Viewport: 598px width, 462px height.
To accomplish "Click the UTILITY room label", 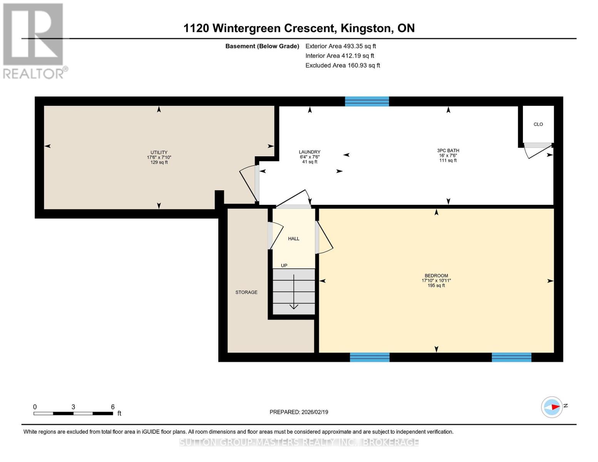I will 159,152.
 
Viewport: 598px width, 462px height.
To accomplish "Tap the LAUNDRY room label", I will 310,152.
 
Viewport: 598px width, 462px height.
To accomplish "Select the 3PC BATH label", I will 448,151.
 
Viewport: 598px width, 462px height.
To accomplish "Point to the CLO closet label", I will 538,124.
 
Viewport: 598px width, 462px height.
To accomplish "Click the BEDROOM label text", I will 436,276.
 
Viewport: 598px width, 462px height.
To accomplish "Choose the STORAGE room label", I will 246,292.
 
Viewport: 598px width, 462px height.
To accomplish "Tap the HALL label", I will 293,239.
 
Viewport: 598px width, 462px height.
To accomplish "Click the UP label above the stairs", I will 284,266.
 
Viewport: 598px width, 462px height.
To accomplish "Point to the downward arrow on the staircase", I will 294,293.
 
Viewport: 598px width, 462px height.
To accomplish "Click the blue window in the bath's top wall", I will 367,101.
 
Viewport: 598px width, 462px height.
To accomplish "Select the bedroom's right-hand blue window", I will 511,357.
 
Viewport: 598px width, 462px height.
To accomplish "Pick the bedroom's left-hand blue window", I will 370,357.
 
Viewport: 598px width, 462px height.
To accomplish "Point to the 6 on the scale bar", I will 113,407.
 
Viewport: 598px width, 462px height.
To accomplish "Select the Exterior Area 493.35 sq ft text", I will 340,46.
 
